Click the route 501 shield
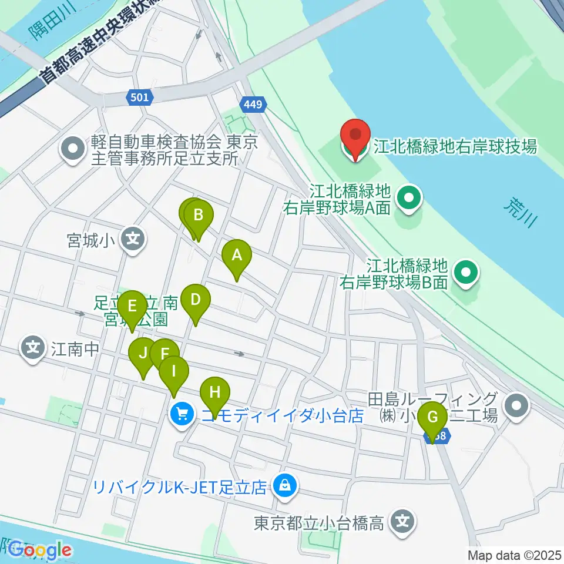(137, 99)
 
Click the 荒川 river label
(521, 213)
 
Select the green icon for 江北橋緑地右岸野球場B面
(467, 273)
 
